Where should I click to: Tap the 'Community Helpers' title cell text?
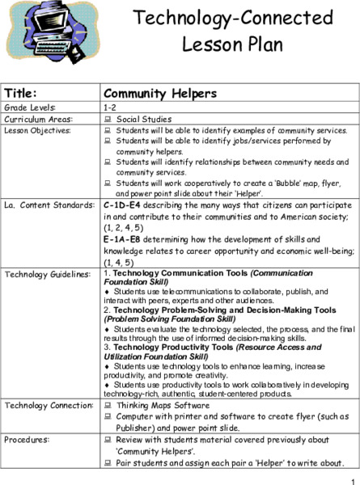(x=160, y=93)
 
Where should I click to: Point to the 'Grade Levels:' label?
(x=29, y=107)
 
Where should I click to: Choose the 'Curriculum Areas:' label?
(x=37, y=118)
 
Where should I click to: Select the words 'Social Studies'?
(x=140, y=118)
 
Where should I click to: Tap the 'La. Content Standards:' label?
(x=48, y=205)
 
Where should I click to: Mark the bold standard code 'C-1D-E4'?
(x=125, y=205)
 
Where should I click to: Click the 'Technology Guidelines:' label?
(x=47, y=274)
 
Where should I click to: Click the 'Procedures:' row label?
(x=28, y=439)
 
